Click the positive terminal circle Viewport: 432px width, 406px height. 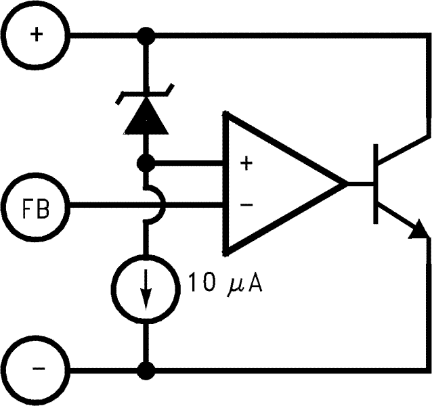[x=35, y=33]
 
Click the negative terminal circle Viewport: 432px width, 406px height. [x=35, y=370]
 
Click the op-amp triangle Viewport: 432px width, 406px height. [x=278, y=183]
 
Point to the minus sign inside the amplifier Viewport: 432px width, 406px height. [x=246, y=204]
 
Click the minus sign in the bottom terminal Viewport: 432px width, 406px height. [x=35, y=370]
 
